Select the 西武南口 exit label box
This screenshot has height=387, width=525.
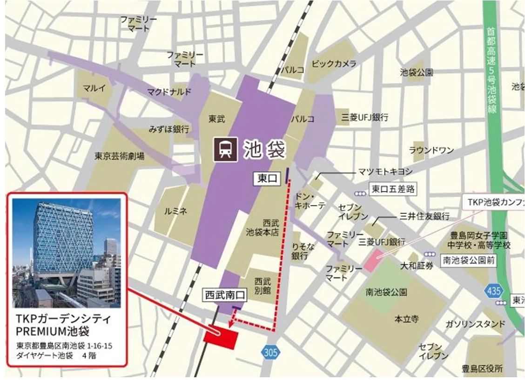click(x=222, y=295)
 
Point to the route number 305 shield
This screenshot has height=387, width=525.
click(x=270, y=352)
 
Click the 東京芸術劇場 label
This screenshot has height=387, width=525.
click(x=120, y=156)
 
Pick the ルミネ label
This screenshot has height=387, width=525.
click(x=175, y=212)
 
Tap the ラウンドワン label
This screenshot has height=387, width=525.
click(x=431, y=150)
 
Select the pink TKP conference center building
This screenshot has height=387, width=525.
click(x=375, y=260)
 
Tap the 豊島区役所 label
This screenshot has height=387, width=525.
click(x=482, y=369)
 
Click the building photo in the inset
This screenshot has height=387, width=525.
click(x=67, y=253)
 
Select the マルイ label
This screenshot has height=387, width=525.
click(x=94, y=88)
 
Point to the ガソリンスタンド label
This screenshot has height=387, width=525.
click(x=475, y=324)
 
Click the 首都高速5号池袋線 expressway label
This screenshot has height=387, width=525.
click(x=491, y=70)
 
